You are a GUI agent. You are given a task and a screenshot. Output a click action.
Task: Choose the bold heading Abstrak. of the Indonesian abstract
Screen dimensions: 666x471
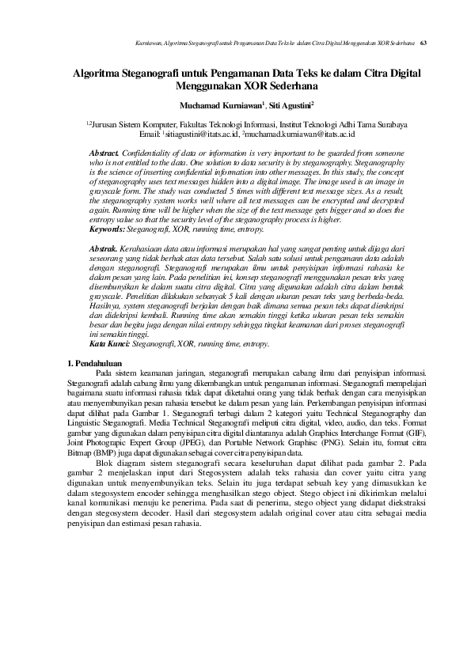coord(104,248)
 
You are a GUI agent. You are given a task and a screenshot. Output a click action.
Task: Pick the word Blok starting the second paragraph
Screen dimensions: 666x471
coord(104,463)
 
